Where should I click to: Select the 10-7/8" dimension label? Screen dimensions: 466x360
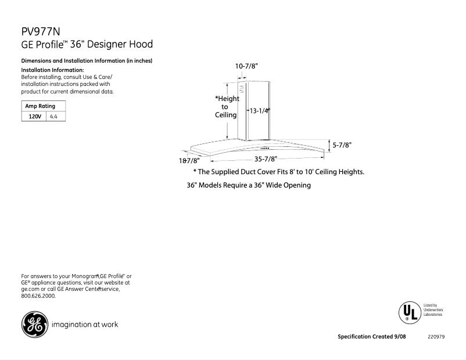[x=246, y=66]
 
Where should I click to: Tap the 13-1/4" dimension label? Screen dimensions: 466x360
[x=260, y=110]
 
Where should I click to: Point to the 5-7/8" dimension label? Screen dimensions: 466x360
[x=342, y=145]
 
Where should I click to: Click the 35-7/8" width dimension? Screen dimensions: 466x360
[x=266, y=159]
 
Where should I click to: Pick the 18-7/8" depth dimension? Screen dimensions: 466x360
[x=189, y=160]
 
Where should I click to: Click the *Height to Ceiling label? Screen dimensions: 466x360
[x=226, y=107]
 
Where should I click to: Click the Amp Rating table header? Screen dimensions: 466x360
[x=40, y=106]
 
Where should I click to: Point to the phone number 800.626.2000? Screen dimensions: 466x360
[x=38, y=296]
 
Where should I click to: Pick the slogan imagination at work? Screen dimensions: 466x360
[x=85, y=325]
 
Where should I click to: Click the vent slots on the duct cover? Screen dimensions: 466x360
[x=241, y=88]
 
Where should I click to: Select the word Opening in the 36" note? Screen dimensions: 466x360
[x=296, y=185]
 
